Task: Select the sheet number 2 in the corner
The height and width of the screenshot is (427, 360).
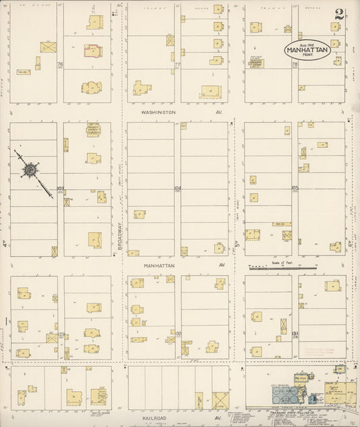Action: tap(338, 14)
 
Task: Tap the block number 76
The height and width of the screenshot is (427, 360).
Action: tap(59, 65)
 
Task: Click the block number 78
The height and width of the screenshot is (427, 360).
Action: tap(294, 65)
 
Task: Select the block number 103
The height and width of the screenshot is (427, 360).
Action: tap(60, 189)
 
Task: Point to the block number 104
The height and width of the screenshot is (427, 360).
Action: tap(178, 189)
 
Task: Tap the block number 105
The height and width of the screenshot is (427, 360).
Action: tap(294, 189)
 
